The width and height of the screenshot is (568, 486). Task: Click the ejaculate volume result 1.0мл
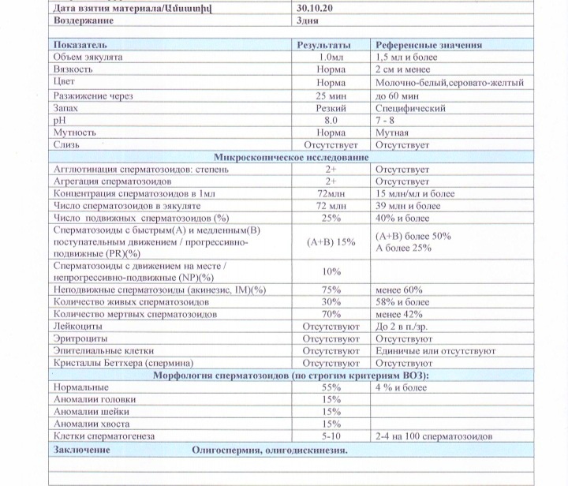(x=331, y=58)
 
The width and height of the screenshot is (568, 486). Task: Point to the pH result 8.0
(x=331, y=120)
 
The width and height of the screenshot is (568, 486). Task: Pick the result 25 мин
(x=331, y=95)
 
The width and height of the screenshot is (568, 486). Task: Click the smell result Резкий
(x=331, y=108)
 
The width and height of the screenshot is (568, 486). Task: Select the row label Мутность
(x=75, y=133)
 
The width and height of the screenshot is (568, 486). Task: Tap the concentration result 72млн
(x=331, y=193)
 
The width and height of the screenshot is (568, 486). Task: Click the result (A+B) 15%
(x=331, y=242)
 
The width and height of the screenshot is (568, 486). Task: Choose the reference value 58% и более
(x=403, y=302)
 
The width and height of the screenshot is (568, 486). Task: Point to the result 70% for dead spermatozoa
(x=331, y=314)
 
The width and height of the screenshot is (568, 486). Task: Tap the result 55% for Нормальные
(x=331, y=387)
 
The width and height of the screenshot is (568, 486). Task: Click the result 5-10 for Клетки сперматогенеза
(x=331, y=436)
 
